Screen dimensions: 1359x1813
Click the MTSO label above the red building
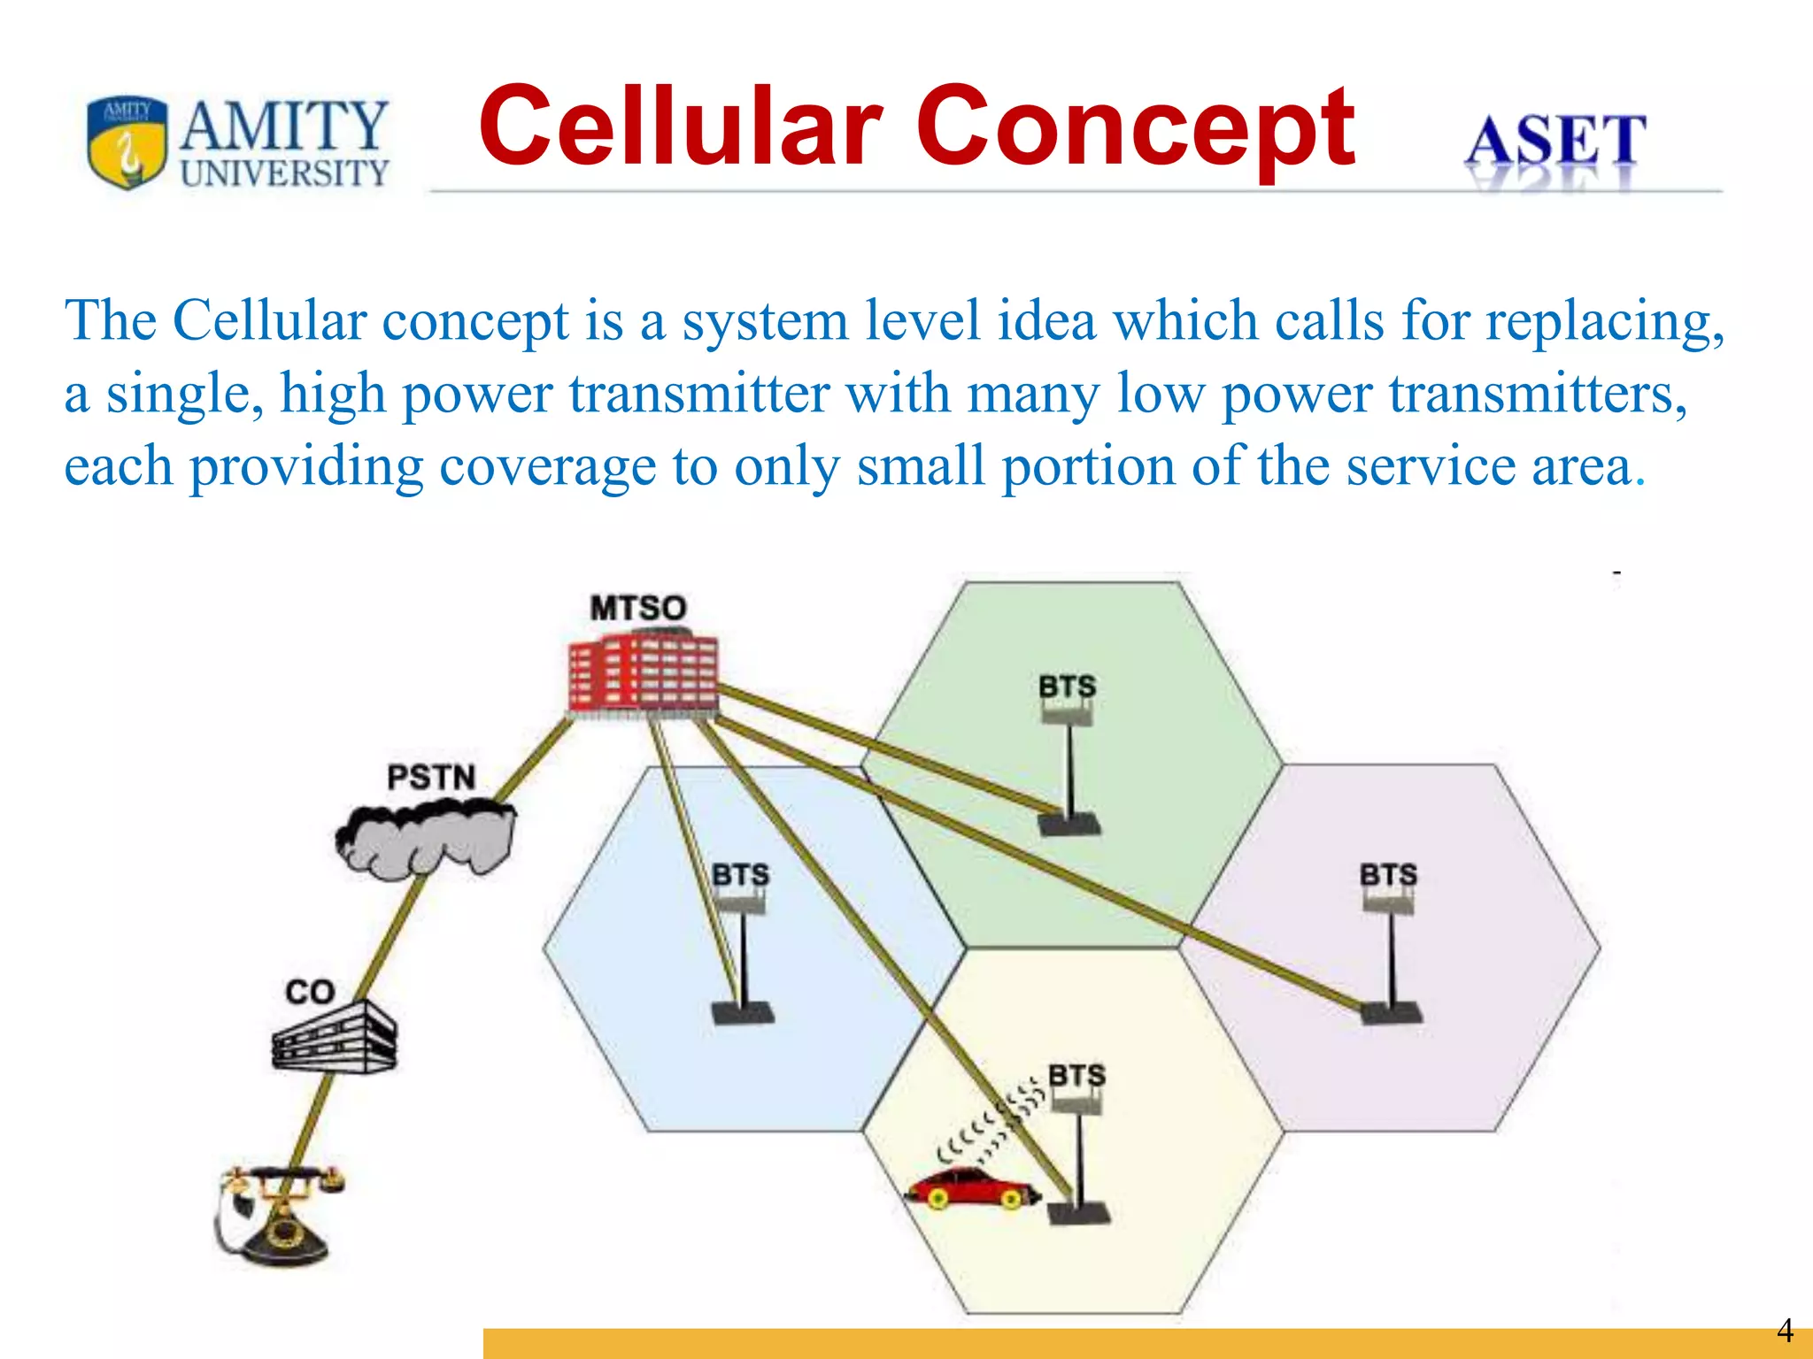pyautogui.click(x=637, y=608)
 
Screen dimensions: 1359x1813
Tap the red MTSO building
pyautogui.click(x=643, y=672)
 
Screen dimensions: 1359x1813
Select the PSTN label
pyautogui.click(x=431, y=777)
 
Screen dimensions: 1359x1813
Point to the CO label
pyautogui.click(x=309, y=992)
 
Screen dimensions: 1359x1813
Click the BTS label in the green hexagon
pyautogui.click(x=1067, y=686)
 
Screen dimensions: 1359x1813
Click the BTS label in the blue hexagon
pyautogui.click(x=740, y=874)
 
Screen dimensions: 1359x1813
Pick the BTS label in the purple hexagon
pyautogui.click(x=1388, y=874)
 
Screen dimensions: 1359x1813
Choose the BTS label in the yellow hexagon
pyautogui.click(x=1076, y=1075)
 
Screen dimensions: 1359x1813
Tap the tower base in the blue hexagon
pyautogui.click(x=743, y=1013)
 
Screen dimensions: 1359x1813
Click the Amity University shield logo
pyautogui.click(x=127, y=142)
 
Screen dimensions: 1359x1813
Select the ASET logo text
pyautogui.click(x=1555, y=142)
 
